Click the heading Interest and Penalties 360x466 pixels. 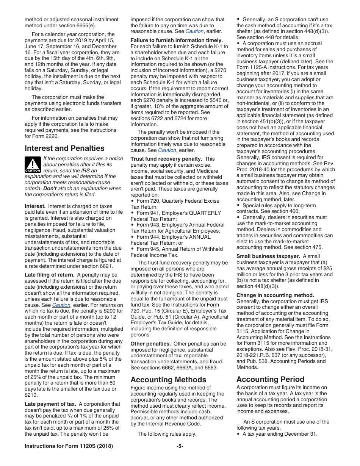pyautogui.click(x=64, y=148)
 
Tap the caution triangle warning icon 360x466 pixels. pyautogui.click(x=33, y=165)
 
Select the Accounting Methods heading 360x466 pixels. pyautogui.click(x=168, y=380)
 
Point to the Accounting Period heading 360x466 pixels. pyautogui.click(x=270, y=379)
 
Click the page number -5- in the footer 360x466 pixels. pyautogui.click(x=180, y=446)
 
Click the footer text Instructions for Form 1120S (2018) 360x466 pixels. pyautogui.click(x=69, y=446)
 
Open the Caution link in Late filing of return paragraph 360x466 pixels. pyautogui.click(x=61, y=305)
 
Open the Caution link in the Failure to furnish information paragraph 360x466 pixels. pyautogui.click(x=167, y=150)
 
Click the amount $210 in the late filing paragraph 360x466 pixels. pyautogui.click(x=31, y=395)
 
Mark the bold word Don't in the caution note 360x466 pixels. pyautogui.click(x=50, y=188)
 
